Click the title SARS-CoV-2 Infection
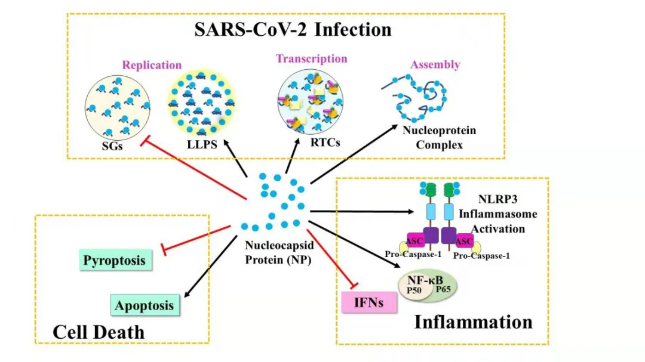tap(293, 29)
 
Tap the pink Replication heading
tap(152, 65)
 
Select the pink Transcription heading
tap(311, 58)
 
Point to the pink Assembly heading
tap(435, 64)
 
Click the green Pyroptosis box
tap(114, 261)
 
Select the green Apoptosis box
tap(145, 306)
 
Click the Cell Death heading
tap(99, 332)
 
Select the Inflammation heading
tap(473, 322)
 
